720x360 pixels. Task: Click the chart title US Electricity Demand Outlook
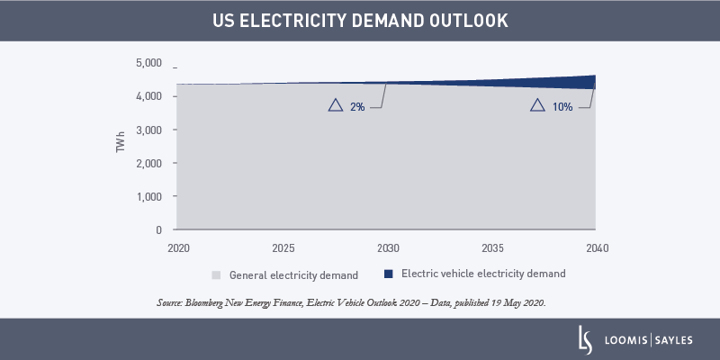(x=360, y=20)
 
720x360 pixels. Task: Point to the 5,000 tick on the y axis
(x=148, y=64)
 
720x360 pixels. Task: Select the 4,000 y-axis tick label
(x=148, y=96)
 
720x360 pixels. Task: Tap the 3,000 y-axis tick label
(x=148, y=130)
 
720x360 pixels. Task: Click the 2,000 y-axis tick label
(x=148, y=164)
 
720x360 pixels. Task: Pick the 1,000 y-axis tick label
(x=148, y=196)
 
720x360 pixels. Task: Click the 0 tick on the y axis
(x=158, y=230)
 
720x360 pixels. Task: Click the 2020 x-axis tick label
(x=178, y=247)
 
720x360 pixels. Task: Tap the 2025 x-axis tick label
(x=283, y=247)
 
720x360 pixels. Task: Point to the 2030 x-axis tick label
(x=387, y=247)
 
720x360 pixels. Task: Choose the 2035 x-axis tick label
(x=491, y=247)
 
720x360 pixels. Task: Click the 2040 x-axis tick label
(x=595, y=247)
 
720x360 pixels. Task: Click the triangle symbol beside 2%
(x=336, y=105)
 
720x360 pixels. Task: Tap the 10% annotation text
(x=562, y=106)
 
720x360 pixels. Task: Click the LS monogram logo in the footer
(x=585, y=339)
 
